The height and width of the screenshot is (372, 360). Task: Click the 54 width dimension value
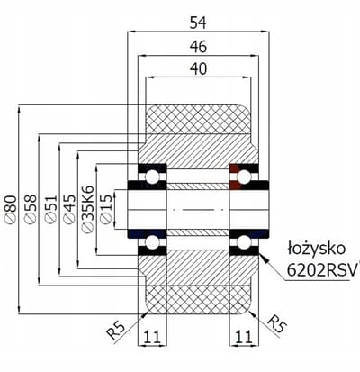tap(198, 23)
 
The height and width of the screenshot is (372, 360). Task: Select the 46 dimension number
tap(198, 47)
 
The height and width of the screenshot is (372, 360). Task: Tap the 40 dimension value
tap(198, 68)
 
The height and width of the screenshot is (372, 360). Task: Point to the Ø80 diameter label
tap(11, 209)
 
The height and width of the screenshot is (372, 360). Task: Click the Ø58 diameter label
tap(31, 209)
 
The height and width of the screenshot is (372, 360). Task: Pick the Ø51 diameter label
tap(50, 209)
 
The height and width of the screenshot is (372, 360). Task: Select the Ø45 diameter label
tap(69, 209)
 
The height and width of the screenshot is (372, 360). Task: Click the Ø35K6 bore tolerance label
tap(88, 209)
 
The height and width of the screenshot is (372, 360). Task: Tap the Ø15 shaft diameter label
tap(106, 209)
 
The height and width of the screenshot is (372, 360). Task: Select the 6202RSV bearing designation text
tap(323, 270)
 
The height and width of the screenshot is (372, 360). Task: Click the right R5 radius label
tap(276, 324)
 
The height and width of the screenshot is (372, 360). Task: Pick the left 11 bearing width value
tap(151, 337)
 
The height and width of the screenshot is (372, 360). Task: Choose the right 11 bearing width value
tap(243, 337)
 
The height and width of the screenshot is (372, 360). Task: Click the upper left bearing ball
tap(152, 177)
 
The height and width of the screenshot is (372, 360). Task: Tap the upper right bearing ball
tap(244, 177)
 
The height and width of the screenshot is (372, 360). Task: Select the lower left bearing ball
tap(152, 242)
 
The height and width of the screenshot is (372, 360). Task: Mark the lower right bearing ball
tap(244, 242)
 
